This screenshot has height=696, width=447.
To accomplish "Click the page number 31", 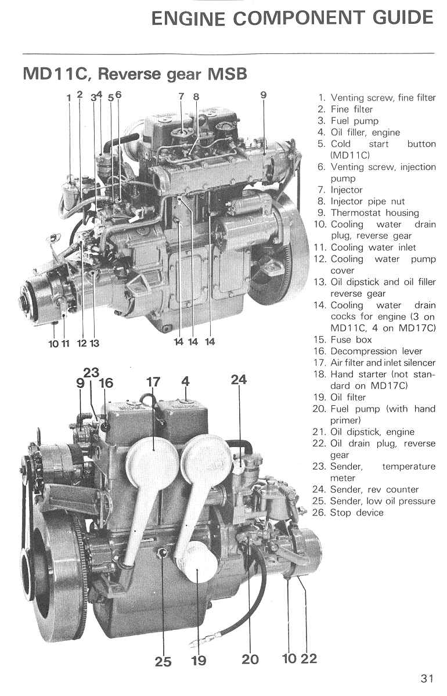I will click(x=427, y=678).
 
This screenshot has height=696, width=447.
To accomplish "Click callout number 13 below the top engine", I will click(x=94, y=343).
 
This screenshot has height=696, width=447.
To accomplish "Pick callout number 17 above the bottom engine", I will click(x=153, y=382).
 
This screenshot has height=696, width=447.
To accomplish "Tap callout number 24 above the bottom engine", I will click(x=239, y=380).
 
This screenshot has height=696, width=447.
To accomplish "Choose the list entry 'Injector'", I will click(x=346, y=190).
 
